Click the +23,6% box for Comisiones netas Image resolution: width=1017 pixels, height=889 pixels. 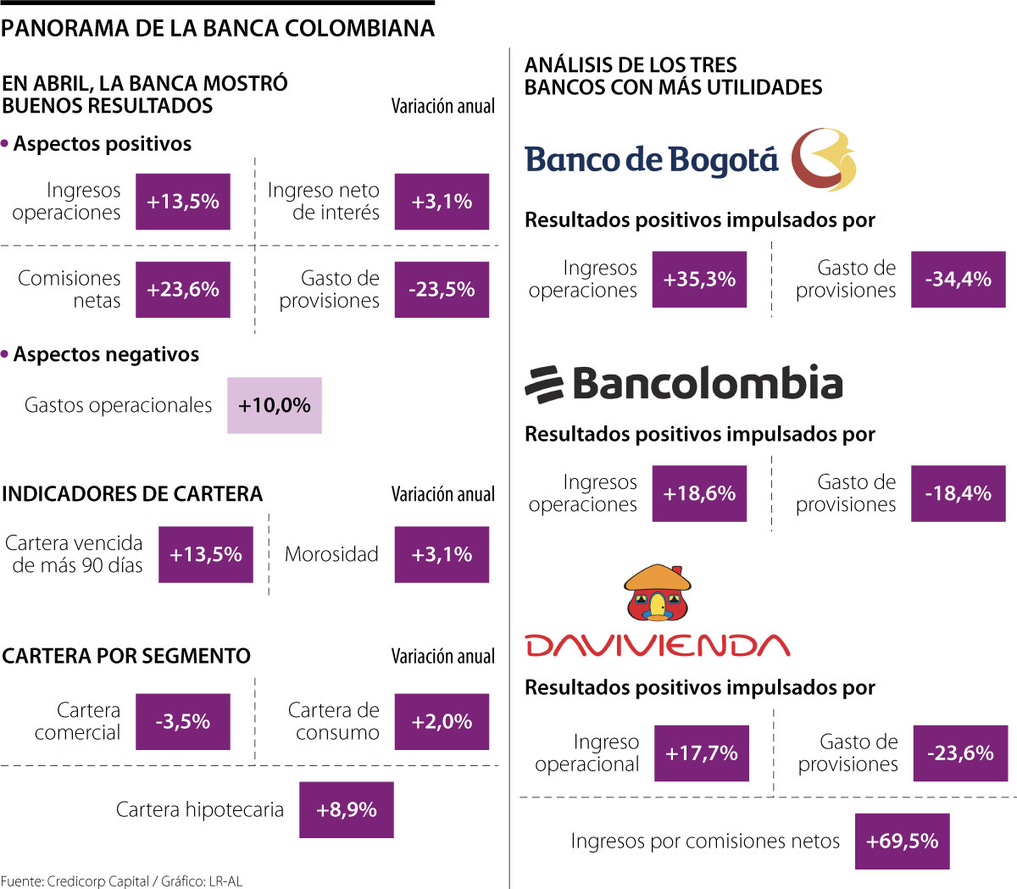182,290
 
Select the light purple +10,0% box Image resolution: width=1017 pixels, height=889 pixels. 274,405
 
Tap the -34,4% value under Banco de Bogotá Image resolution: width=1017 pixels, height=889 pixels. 958,280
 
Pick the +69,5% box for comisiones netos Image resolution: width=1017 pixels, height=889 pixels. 902,842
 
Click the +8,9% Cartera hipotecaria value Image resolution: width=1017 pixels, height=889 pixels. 346,810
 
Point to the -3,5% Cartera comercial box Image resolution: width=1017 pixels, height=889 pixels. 182,722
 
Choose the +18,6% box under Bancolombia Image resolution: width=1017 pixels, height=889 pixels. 699,494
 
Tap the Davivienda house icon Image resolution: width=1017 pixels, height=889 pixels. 658,592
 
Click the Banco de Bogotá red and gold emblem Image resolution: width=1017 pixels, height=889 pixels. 823,159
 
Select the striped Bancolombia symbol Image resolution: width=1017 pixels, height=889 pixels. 544,385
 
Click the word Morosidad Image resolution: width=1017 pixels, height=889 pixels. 331,554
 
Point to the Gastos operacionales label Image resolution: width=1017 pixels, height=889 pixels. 118,405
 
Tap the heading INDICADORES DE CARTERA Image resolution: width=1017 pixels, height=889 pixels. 132,494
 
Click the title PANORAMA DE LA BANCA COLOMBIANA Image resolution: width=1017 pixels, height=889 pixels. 218,29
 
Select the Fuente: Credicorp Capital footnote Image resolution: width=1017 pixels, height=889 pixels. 121,881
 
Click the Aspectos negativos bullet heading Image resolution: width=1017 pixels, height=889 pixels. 106,354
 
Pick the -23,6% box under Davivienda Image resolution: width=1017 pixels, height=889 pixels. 960,753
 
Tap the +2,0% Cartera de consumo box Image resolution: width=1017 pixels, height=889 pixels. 442,722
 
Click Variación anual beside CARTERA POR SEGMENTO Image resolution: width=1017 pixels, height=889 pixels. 442,657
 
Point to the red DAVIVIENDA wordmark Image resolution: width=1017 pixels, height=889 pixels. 658,646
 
